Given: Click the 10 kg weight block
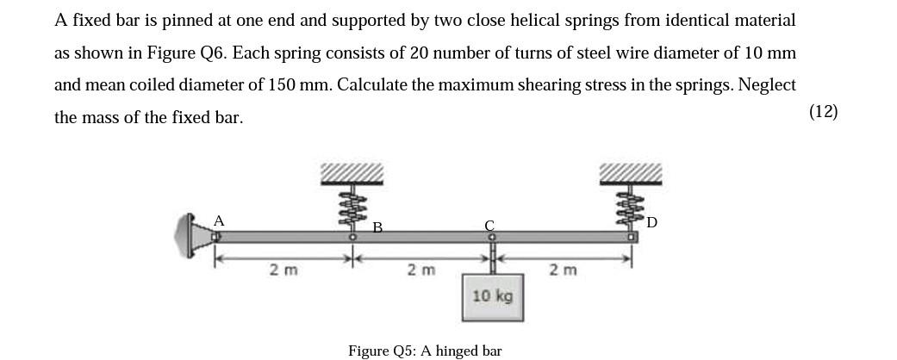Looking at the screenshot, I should click(492, 296).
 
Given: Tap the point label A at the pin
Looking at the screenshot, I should click(219, 220).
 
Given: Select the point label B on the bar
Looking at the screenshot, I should click(377, 227).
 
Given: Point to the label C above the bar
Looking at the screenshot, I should click(489, 226).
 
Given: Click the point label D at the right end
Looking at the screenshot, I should click(651, 222).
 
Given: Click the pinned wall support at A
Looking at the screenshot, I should click(192, 236).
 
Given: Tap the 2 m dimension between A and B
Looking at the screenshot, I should click(283, 270).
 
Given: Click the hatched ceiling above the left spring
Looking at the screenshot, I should click(352, 173).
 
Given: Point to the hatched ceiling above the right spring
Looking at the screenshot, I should click(632, 173).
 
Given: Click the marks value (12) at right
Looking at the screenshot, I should click(824, 111).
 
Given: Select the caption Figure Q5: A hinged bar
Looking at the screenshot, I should click(425, 351).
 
